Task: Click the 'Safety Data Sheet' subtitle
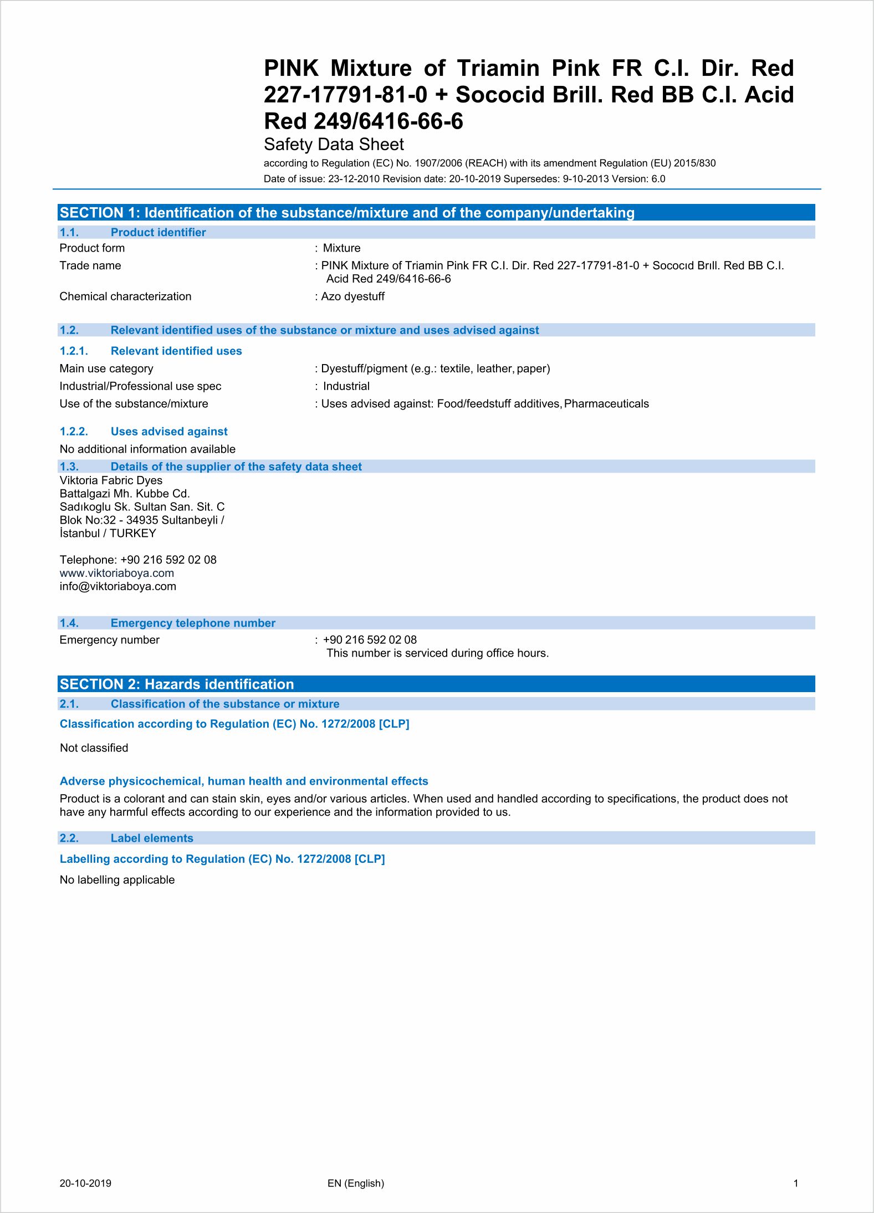coord(334,145)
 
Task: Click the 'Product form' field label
coord(92,248)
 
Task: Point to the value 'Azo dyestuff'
coord(352,296)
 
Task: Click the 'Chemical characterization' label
coord(125,296)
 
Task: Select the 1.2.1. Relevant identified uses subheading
coord(150,351)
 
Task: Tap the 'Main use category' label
coord(106,368)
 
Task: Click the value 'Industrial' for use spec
coord(346,386)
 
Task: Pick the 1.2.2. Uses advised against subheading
coord(144,432)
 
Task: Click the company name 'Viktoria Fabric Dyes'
coord(111,480)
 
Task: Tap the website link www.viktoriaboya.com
coord(117,573)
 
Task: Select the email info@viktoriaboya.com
coord(118,586)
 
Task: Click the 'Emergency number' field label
coord(109,640)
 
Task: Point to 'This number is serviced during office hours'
coord(437,653)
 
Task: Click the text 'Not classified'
coord(94,748)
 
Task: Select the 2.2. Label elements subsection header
coord(126,838)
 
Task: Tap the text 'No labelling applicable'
coord(117,880)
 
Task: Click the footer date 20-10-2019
coord(85,1183)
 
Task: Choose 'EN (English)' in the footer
coord(356,1183)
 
